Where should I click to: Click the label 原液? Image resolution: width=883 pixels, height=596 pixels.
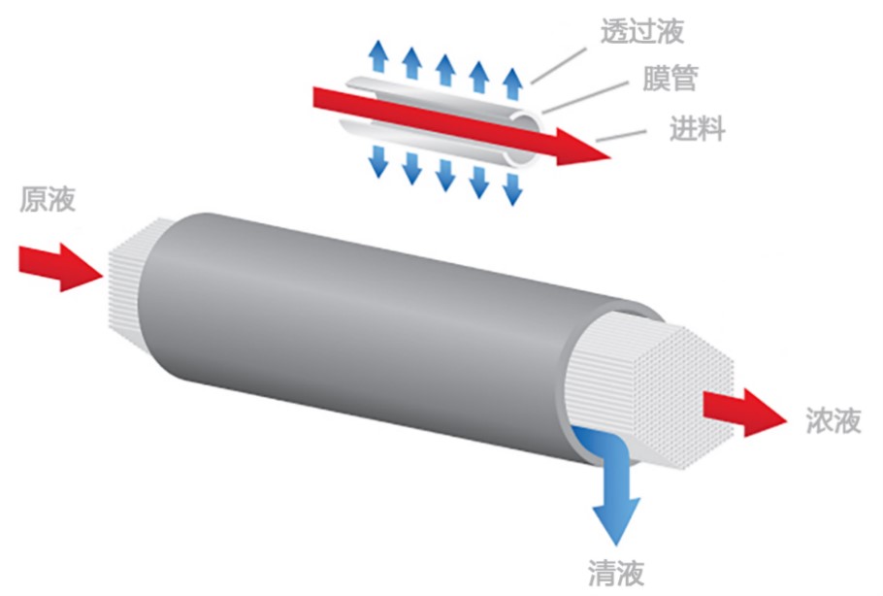[48, 200]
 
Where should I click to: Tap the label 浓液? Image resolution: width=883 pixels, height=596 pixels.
[833, 420]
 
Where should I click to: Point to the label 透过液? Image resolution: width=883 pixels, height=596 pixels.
[641, 31]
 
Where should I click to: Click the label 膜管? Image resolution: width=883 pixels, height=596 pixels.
[670, 79]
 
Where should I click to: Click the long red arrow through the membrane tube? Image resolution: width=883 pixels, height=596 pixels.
[456, 123]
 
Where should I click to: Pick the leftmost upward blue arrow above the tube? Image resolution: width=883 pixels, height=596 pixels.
[379, 59]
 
